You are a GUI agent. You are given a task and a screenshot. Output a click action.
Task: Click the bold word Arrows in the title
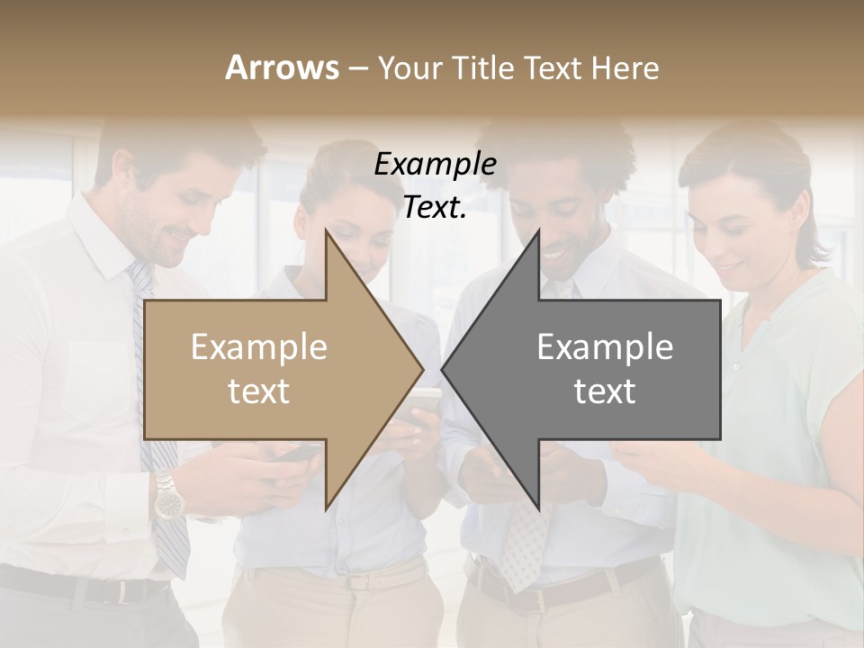[x=282, y=68]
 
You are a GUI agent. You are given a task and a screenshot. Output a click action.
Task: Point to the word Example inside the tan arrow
[x=259, y=347]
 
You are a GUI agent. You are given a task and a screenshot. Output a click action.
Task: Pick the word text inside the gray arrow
[x=605, y=391]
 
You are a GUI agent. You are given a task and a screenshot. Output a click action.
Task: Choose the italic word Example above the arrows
[x=435, y=165]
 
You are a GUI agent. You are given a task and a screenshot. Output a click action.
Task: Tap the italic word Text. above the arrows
[x=435, y=208]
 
